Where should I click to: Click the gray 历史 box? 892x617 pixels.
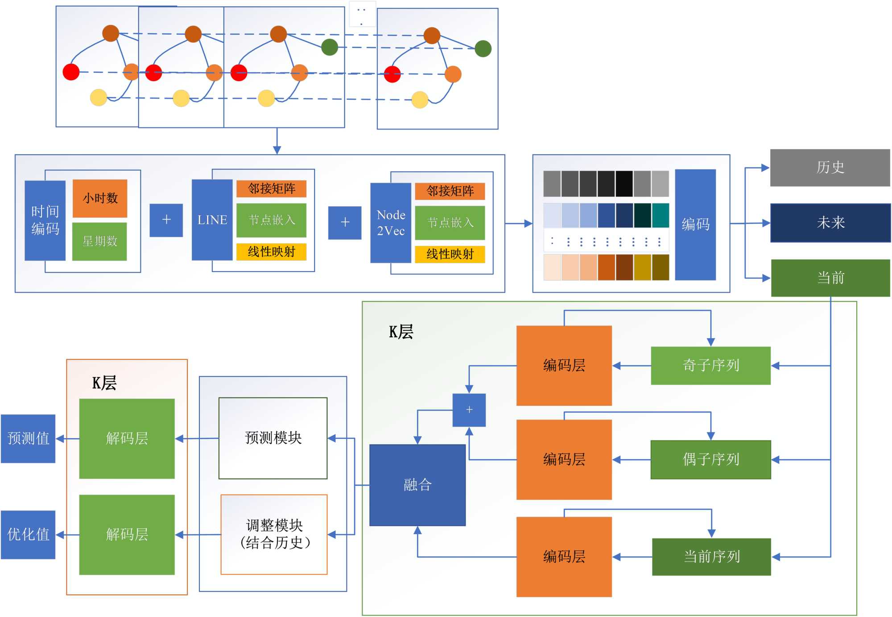click(830, 168)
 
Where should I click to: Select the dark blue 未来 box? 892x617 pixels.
click(830, 223)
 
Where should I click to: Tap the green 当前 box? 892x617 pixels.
click(830, 278)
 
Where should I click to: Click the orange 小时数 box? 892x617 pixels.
click(100, 198)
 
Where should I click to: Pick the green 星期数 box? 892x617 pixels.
click(99, 241)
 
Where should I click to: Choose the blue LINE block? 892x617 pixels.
click(212, 220)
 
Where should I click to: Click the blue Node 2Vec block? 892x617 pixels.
click(391, 223)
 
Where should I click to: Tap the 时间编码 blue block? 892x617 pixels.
click(45, 220)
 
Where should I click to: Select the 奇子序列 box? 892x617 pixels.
click(710, 366)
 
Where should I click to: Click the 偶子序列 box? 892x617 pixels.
click(710, 460)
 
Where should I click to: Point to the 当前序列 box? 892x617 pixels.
click(711, 557)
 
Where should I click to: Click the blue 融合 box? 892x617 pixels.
click(417, 485)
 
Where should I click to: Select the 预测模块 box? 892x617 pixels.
click(273, 438)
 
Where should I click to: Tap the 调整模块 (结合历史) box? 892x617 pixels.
click(274, 534)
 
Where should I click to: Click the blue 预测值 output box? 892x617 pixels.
click(28, 439)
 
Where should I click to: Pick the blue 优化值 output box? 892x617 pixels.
click(28, 535)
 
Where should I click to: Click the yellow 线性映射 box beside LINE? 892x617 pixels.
click(271, 252)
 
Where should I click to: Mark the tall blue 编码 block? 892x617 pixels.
click(695, 225)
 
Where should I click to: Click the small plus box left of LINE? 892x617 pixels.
click(166, 220)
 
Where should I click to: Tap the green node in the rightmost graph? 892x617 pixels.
click(483, 49)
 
